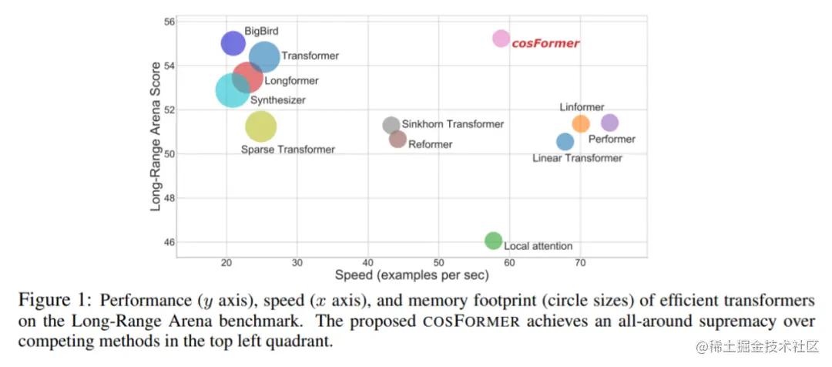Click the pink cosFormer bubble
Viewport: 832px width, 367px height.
(x=502, y=39)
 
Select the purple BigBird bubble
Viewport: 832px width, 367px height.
(x=232, y=43)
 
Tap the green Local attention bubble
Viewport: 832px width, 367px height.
(x=494, y=241)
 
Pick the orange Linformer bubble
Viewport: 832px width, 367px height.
(x=581, y=123)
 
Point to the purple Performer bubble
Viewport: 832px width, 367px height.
(x=609, y=123)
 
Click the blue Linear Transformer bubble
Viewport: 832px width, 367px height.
(x=565, y=142)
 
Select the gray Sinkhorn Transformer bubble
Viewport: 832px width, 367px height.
(x=391, y=125)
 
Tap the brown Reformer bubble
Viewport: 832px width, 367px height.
(x=398, y=140)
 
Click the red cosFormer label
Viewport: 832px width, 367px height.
(x=545, y=43)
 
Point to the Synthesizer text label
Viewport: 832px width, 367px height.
(x=278, y=100)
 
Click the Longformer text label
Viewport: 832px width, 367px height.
(x=291, y=80)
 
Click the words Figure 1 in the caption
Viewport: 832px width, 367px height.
(x=54, y=300)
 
